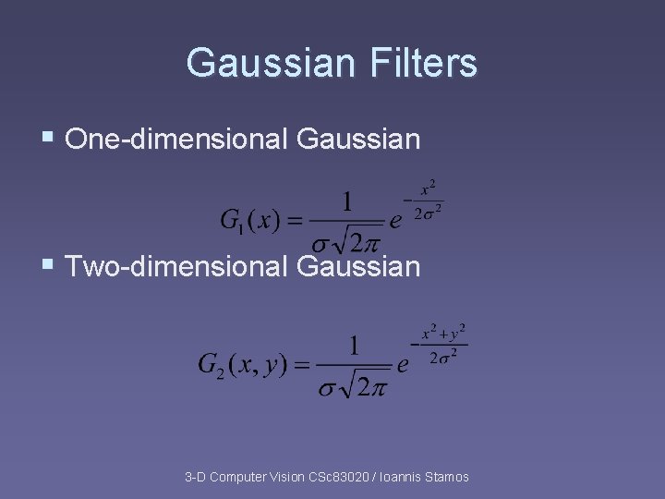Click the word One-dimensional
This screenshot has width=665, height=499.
pos(177,140)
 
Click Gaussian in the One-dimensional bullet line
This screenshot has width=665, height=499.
pos(358,140)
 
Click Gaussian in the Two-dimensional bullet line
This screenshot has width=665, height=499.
pos(358,267)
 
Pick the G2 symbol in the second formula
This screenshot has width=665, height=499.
pos(212,364)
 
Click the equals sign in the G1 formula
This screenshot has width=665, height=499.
pos(295,222)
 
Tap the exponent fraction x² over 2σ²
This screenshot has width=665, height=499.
pos(427,201)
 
